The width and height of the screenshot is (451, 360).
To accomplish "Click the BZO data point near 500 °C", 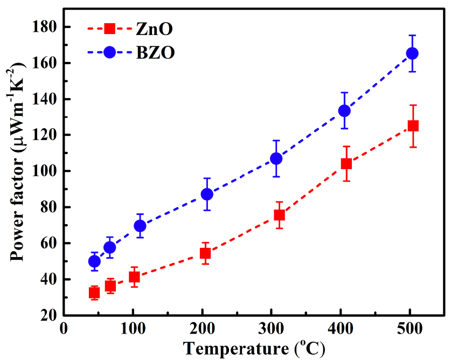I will [x=412, y=53].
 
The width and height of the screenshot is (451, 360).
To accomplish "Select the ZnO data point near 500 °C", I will [x=413, y=126].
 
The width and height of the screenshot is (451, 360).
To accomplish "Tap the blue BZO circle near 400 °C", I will [x=344, y=110].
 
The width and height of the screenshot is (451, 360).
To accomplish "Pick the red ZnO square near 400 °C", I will [x=346, y=163].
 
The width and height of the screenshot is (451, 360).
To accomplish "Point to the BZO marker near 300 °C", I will [x=276, y=158].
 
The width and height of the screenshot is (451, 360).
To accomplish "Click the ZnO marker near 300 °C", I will [x=279, y=214].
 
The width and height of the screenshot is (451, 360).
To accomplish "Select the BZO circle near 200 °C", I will [x=207, y=194].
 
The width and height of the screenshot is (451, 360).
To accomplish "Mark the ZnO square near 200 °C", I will [x=205, y=253].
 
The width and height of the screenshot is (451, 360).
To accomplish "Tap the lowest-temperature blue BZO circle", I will [x=94, y=261].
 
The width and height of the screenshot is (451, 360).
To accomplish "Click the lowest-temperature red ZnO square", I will [x=94, y=293].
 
